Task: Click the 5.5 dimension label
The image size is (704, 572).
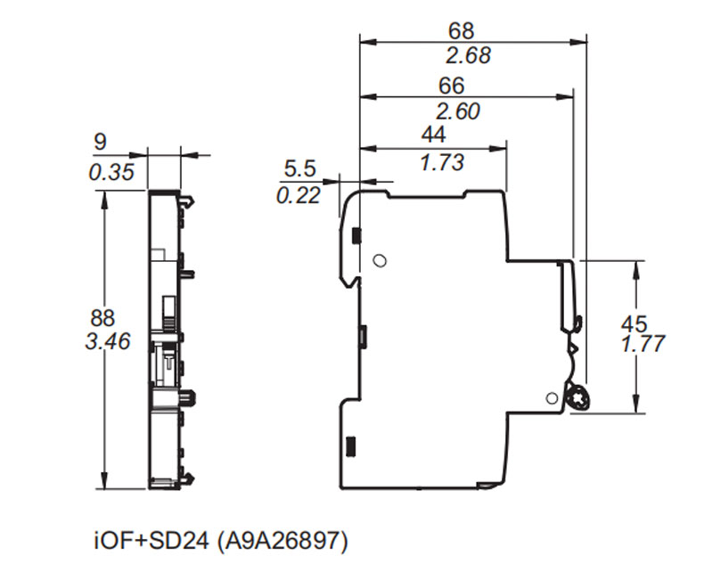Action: (299, 168)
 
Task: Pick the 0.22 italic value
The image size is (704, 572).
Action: (299, 195)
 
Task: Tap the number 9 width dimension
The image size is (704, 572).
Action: (100, 143)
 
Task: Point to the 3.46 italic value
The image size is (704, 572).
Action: (108, 340)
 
